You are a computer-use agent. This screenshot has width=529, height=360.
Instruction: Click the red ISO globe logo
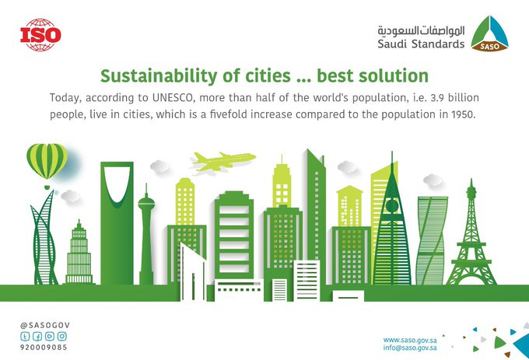tap(40, 35)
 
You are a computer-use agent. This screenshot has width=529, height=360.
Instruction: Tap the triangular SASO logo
tap(489, 33)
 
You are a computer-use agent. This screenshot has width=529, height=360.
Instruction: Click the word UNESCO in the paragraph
tap(173, 98)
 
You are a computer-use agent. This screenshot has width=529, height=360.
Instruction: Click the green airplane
tap(223, 161)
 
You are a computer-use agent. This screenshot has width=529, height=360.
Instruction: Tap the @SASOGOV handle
tap(45, 325)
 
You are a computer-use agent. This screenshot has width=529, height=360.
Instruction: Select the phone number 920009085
tap(44, 348)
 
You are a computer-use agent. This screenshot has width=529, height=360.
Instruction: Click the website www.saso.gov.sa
tap(410, 340)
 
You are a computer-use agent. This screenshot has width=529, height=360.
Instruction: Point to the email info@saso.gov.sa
tap(410, 348)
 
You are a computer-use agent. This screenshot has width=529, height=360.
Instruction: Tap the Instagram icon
tap(62, 336)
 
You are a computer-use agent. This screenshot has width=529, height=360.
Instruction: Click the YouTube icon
tap(50, 336)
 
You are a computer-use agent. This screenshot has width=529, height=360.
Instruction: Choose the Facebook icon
tap(37, 336)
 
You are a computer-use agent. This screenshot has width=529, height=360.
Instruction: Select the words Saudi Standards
tap(421, 44)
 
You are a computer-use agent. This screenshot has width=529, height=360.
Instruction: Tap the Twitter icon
tap(25, 336)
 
